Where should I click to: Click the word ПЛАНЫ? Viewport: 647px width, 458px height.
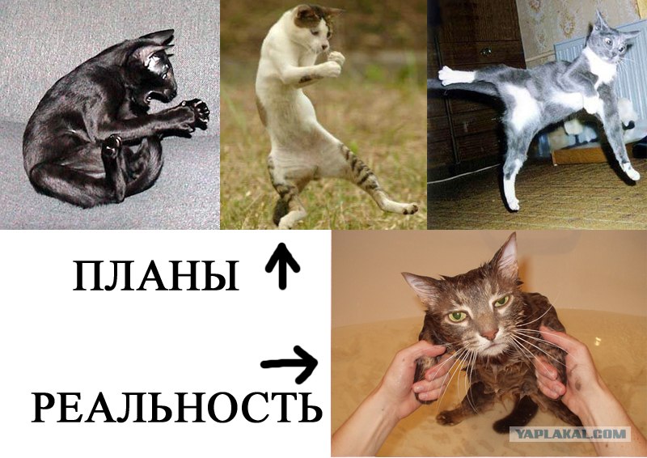tap(156, 276)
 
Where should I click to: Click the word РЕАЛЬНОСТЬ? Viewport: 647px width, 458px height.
tap(176, 408)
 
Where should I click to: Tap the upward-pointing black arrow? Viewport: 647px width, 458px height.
tap(282, 265)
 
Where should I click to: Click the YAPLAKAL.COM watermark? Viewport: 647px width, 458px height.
tap(571, 434)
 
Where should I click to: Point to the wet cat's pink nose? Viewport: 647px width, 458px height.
tap(490, 333)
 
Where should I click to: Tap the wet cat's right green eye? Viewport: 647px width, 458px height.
tap(501, 301)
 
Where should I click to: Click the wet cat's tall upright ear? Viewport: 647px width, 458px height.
tap(506, 256)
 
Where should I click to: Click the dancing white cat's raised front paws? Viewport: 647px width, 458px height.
tap(335, 63)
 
